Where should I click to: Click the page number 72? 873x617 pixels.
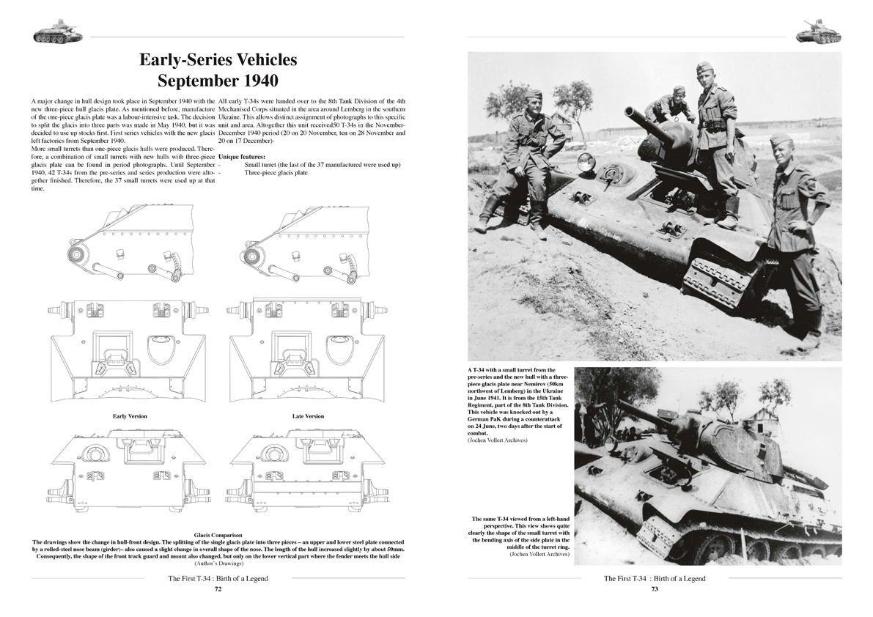[x=218, y=588]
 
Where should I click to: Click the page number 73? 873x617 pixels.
[x=655, y=588]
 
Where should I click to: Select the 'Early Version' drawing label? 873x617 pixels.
[x=130, y=416]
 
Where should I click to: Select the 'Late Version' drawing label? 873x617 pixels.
[x=308, y=416]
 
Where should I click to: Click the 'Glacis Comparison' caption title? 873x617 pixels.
[x=218, y=536]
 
